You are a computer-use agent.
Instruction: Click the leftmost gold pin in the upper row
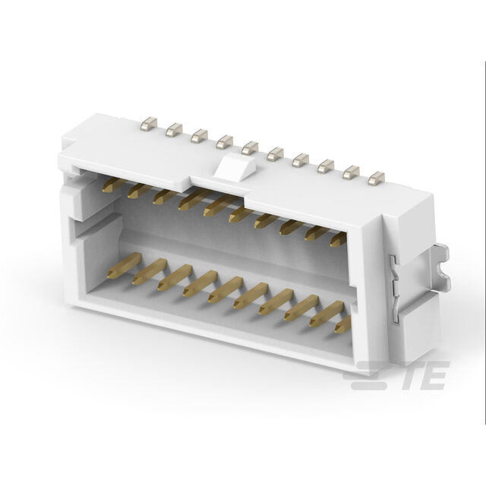coord(113,185)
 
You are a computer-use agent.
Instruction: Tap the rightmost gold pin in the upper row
coord(338,240)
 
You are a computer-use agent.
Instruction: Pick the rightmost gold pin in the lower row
coord(342,324)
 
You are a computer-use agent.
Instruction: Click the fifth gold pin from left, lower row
coord(226,289)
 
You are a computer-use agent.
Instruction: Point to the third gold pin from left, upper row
coord(165,197)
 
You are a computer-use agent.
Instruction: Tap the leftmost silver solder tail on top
coord(149,123)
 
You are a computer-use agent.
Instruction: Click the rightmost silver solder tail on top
coord(377,178)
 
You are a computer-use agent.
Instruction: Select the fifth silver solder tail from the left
coord(250,148)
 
